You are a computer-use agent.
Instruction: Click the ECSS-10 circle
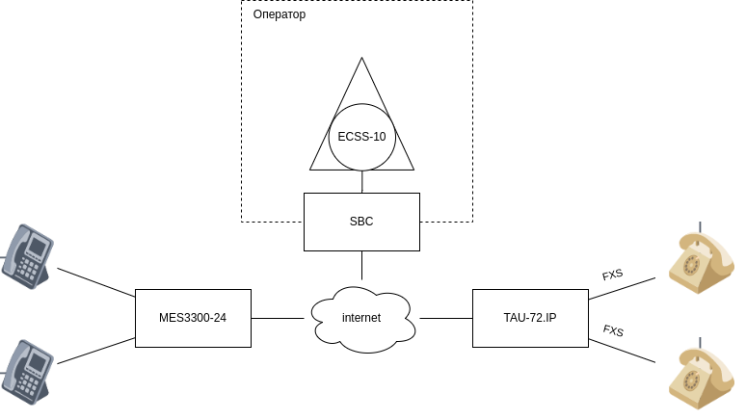click(x=361, y=137)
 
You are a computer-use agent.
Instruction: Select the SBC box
click(x=361, y=222)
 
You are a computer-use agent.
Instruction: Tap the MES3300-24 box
click(x=193, y=318)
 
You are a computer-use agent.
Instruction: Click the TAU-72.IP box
click(x=530, y=318)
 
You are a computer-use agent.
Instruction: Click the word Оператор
click(x=279, y=15)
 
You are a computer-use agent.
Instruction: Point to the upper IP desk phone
click(x=28, y=256)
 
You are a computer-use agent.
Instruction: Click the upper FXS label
click(x=612, y=275)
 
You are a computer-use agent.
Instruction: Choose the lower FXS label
click(x=613, y=330)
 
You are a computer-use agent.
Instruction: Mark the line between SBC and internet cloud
click(x=361, y=266)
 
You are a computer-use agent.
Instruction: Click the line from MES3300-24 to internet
click(x=278, y=318)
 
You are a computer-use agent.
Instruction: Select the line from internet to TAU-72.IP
click(x=445, y=318)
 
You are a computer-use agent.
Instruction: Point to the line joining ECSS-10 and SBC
click(x=361, y=182)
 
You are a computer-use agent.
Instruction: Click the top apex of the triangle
click(x=362, y=60)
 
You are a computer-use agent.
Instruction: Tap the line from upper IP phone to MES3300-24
click(x=95, y=282)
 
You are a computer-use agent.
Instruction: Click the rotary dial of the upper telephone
click(x=692, y=263)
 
